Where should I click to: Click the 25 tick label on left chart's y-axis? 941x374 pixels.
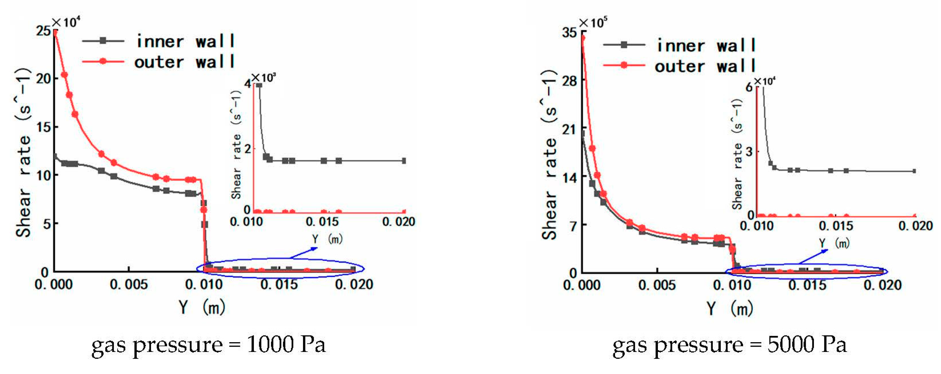point(44,31)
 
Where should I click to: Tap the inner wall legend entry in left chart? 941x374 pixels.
point(159,41)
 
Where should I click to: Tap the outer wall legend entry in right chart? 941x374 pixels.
point(679,66)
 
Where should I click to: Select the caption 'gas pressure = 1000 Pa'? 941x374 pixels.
point(208,345)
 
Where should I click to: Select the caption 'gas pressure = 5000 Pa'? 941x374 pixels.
point(729,345)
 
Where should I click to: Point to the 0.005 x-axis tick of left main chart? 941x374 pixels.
point(129,284)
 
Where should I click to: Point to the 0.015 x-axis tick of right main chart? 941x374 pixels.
point(807,285)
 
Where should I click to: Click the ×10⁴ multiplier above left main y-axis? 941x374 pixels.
point(66,23)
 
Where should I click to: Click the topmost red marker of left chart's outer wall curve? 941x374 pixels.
point(55,32)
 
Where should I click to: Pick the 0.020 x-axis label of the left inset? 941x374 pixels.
point(399,222)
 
